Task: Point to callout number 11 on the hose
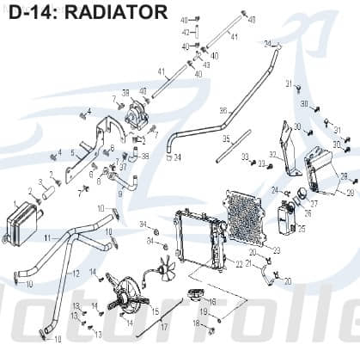(47, 236)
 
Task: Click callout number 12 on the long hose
(76, 274)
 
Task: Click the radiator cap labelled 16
(193, 297)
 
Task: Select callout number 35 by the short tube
(226, 138)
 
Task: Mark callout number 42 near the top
(185, 32)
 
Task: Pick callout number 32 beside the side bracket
(272, 155)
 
